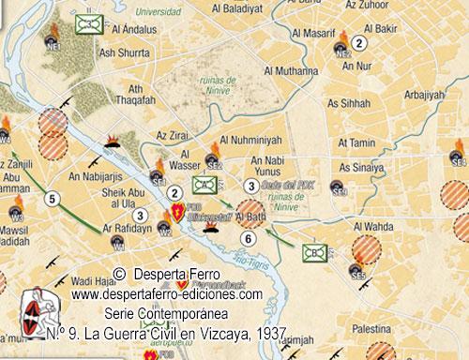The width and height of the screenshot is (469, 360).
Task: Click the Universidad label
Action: (x=156, y=13)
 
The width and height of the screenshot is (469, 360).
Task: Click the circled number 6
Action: (x=247, y=239)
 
